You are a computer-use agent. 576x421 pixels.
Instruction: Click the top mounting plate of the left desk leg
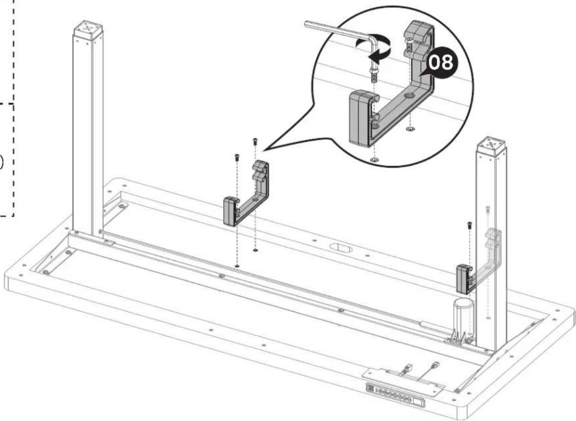point(88,28)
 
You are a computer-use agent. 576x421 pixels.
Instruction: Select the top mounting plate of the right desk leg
point(492,144)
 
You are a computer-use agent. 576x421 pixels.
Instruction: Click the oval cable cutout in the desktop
point(340,248)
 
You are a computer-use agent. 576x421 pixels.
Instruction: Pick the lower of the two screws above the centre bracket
point(237,157)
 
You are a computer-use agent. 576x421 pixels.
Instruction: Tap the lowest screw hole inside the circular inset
point(374,160)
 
